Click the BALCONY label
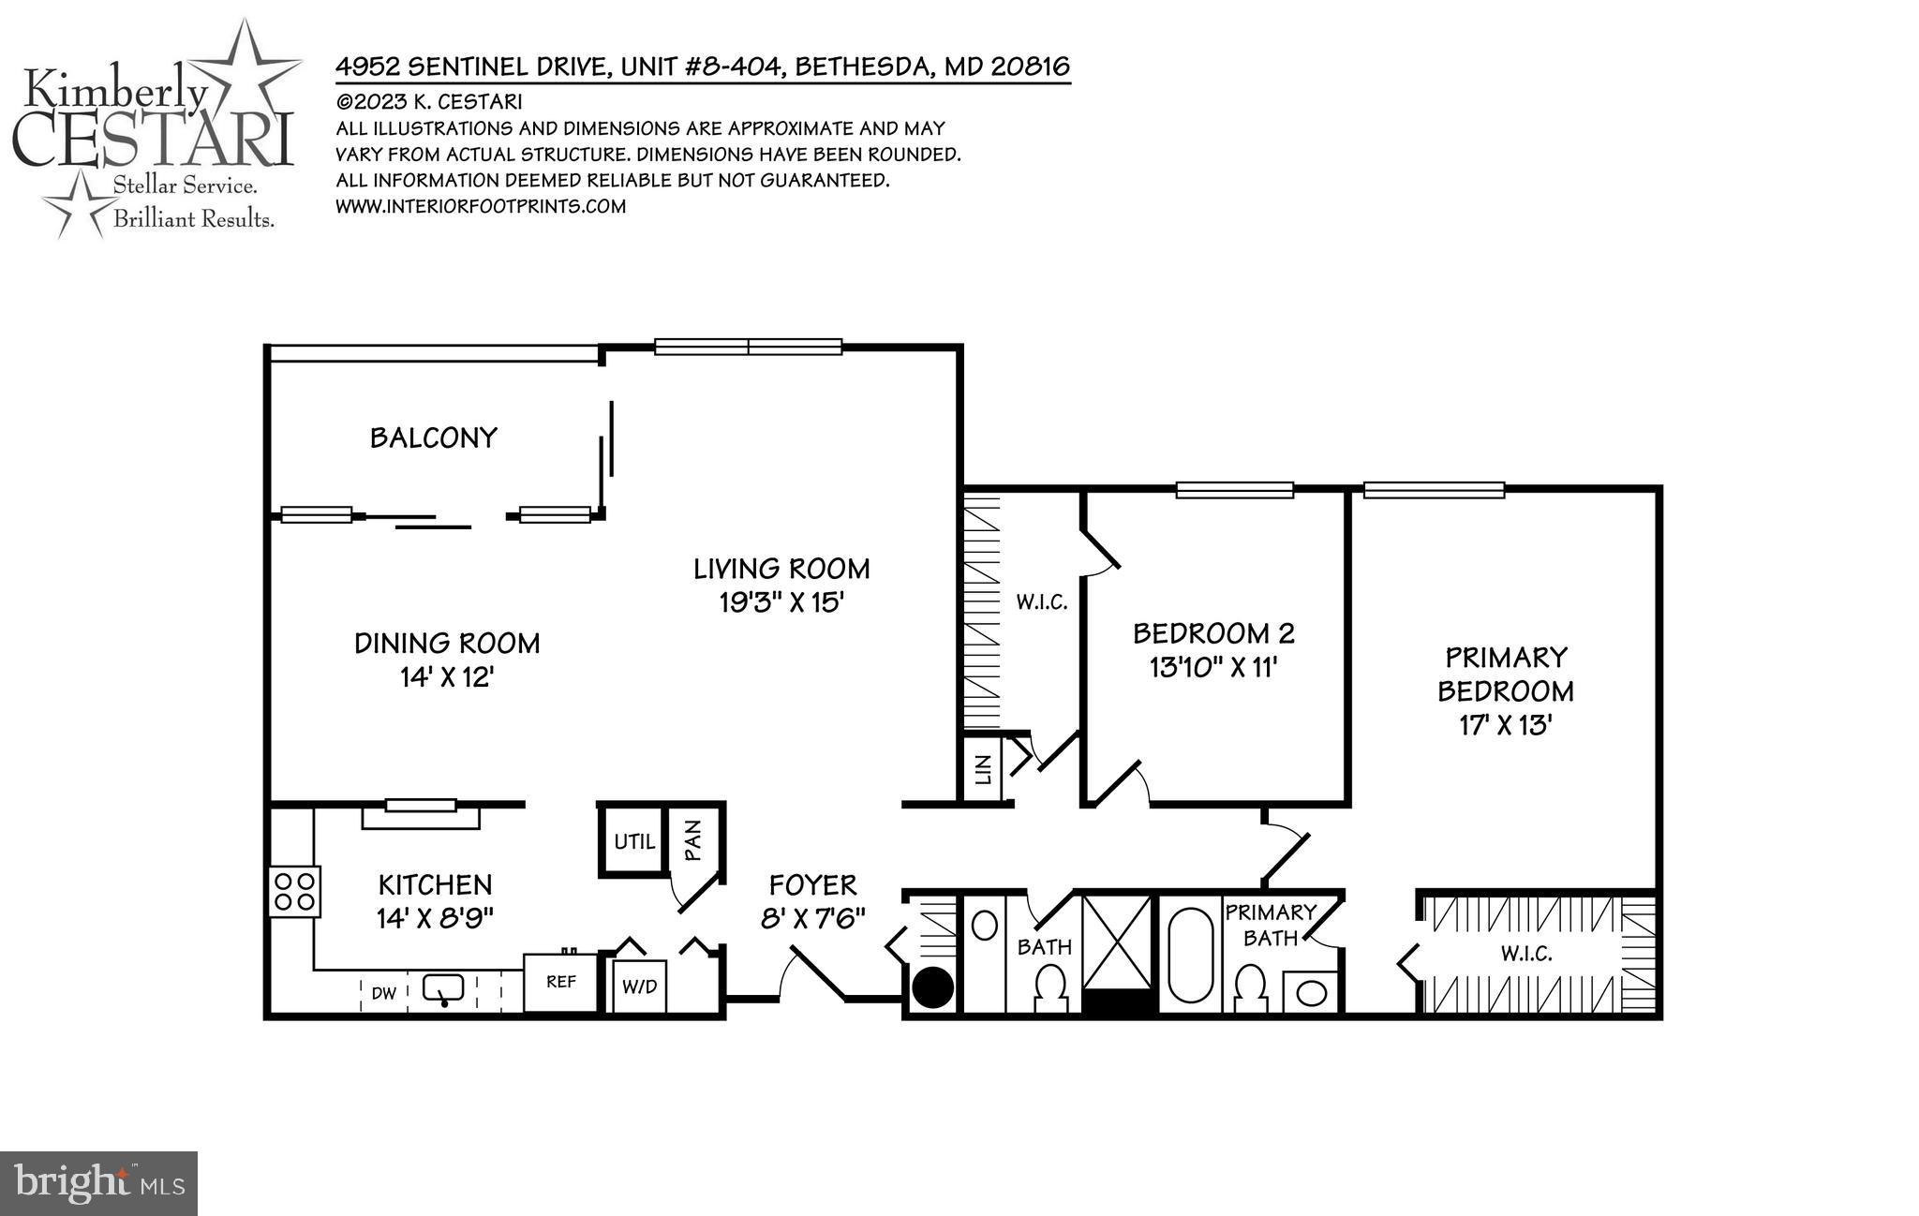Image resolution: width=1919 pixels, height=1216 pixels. click(433, 437)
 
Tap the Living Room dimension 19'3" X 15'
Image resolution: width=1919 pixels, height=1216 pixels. click(782, 601)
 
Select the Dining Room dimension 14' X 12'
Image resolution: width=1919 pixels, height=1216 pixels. click(447, 676)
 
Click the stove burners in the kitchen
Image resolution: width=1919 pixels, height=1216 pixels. click(295, 891)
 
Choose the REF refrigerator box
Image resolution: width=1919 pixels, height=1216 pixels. click(560, 982)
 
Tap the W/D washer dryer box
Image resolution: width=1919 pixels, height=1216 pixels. click(640, 986)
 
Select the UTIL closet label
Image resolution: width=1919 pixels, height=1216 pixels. click(634, 841)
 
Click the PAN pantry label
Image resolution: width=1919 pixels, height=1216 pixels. click(693, 840)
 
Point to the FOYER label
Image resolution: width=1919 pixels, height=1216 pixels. click(812, 884)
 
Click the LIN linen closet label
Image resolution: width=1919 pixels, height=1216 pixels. click(983, 771)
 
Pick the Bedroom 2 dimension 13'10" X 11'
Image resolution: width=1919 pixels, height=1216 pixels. click(1213, 667)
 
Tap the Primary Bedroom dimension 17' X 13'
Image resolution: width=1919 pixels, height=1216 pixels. click(1506, 725)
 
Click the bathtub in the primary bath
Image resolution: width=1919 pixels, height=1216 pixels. click(1190, 953)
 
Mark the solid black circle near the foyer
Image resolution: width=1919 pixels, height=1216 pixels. click(933, 987)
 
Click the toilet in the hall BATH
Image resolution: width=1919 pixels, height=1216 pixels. click(1049, 988)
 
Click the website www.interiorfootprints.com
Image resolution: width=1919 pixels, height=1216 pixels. click(481, 206)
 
